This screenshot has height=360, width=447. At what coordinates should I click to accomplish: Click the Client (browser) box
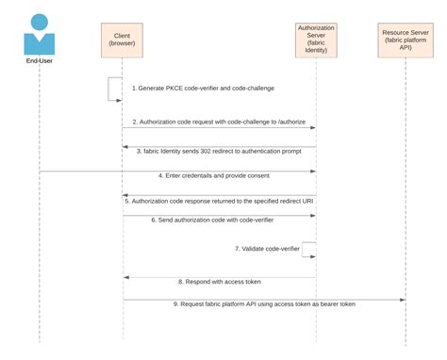tap(122, 40)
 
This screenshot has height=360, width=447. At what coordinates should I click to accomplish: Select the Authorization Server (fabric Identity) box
tap(315, 40)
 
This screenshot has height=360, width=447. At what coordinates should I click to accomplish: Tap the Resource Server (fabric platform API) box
tap(406, 40)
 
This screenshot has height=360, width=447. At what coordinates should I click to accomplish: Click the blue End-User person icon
tap(40, 33)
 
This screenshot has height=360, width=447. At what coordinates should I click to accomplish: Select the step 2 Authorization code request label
tap(218, 122)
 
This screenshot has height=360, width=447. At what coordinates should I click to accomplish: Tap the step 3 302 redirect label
tap(219, 151)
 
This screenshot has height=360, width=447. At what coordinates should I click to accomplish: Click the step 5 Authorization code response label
tap(218, 201)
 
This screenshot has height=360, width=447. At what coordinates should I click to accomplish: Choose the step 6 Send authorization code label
tap(218, 220)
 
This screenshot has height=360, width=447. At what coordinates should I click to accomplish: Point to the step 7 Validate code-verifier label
tap(268, 249)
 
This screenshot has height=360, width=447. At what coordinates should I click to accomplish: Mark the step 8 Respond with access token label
tap(219, 282)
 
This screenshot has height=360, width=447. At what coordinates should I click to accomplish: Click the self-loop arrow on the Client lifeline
tap(115, 88)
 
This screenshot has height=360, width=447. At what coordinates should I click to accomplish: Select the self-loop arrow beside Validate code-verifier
tap(308, 249)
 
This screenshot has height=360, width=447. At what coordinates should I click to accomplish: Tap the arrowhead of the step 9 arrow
tap(403, 300)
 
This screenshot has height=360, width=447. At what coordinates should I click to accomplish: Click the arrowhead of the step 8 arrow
tap(126, 277)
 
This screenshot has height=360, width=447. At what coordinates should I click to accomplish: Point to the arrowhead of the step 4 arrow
tap(311, 172)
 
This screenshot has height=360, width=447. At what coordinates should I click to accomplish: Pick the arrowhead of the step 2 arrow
tap(311, 127)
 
